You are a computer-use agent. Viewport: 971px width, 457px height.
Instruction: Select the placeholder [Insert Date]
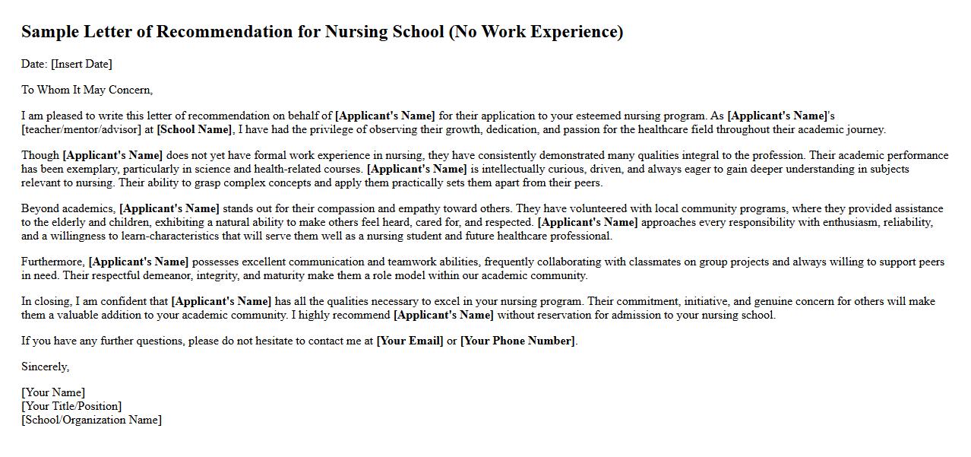coord(81,64)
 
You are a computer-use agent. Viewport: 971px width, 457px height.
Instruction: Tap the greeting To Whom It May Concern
coord(87,90)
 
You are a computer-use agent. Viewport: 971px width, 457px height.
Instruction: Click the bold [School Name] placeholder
coord(194,129)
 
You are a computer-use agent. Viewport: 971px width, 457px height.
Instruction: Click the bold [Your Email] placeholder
coord(410,341)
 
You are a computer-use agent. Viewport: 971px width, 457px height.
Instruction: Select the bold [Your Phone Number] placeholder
coord(517,341)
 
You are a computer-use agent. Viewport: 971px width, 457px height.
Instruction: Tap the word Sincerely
coord(45,367)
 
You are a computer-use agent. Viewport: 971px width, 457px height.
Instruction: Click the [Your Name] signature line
coord(53,392)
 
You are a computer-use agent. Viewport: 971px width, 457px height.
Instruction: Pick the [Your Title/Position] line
coord(71,406)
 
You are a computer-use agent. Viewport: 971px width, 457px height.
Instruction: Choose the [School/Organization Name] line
coord(91,420)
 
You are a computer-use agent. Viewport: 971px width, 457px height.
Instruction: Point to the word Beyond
coord(39,208)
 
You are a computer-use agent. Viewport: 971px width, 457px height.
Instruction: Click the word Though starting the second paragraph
coord(40,155)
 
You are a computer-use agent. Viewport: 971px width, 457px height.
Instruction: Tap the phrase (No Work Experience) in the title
coord(536,32)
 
